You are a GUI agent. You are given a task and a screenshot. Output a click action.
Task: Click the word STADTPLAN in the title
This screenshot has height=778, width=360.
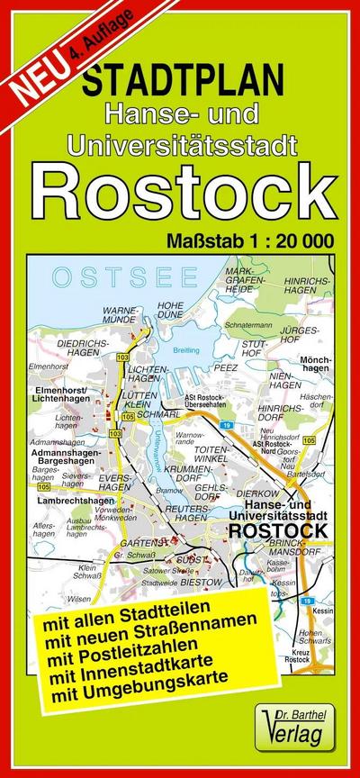tap(179, 85)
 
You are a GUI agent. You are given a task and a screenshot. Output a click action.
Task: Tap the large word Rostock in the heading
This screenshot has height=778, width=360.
tap(184, 187)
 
